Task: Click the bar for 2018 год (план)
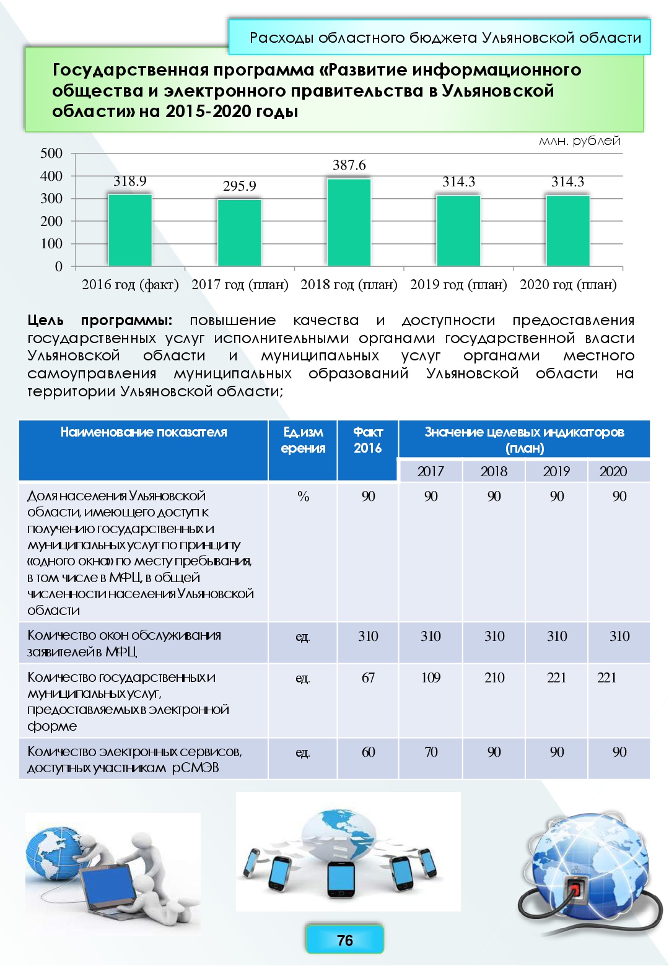pos(349,222)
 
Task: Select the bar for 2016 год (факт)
pos(130,230)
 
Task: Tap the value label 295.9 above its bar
pos(240,186)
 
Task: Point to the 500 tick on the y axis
pos(51,153)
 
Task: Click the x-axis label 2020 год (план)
pos(568,284)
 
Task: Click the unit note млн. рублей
pos(579,141)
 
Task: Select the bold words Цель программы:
pos(100,320)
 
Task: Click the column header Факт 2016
pos(367,440)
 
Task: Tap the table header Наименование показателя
pos(144,432)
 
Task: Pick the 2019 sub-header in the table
pos(556,471)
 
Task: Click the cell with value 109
pos(431,677)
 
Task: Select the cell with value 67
pos(368,677)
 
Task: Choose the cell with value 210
pos(494,677)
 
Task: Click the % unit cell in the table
pos(303,496)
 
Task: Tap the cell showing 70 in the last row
pos(431,752)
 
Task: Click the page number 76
pos(344,940)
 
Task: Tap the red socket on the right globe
pos(575,890)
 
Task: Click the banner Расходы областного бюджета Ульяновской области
pos(445,38)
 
